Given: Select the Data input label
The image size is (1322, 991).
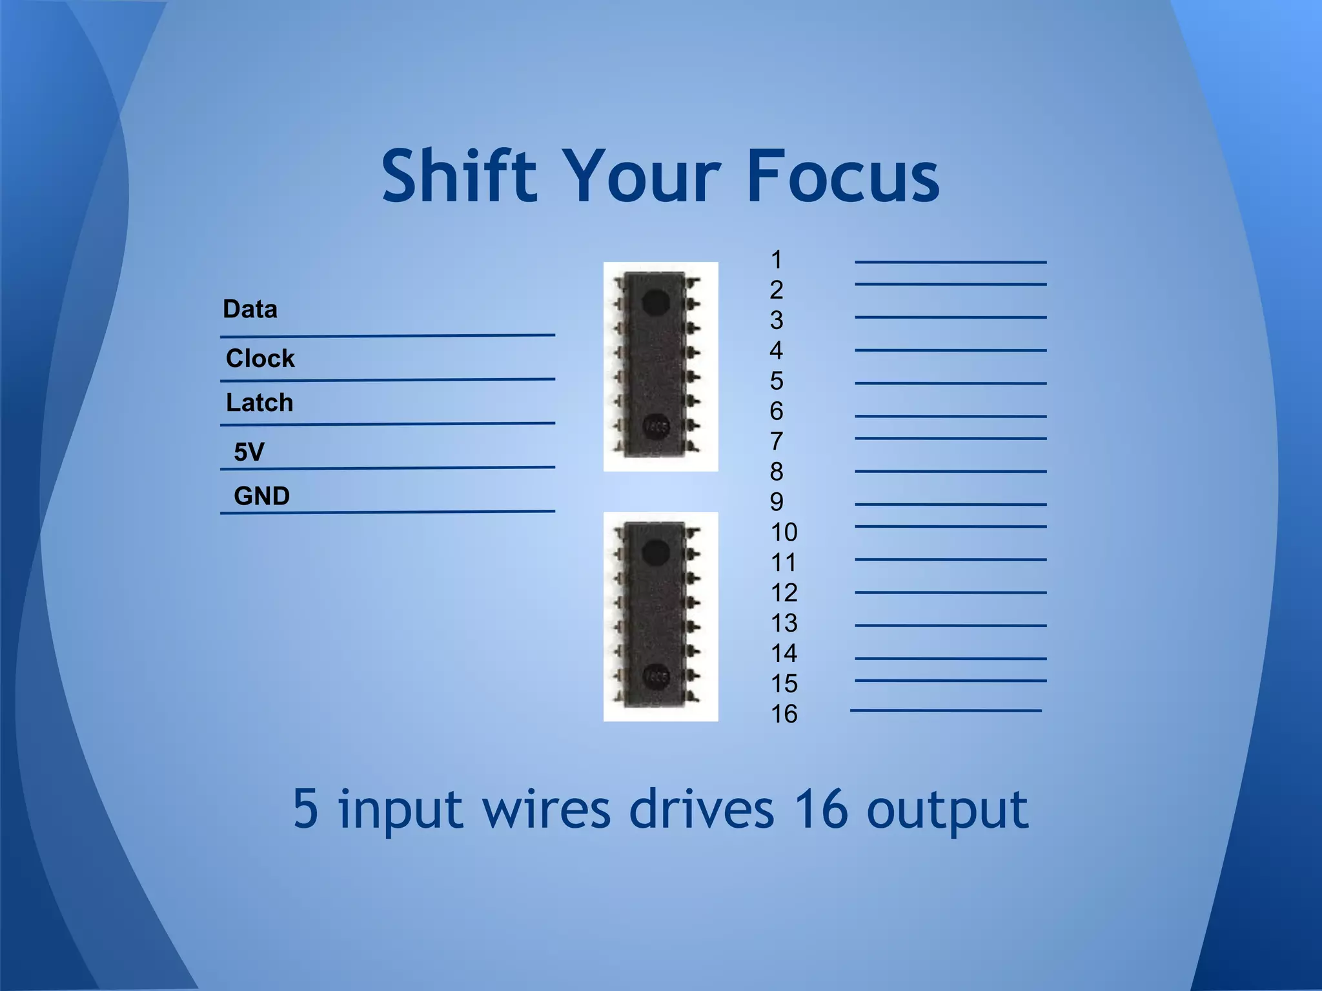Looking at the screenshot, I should [x=250, y=309].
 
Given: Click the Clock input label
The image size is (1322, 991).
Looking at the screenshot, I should [x=260, y=358].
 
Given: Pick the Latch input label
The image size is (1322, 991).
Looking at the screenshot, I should [x=259, y=403].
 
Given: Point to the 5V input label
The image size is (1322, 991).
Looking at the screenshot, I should [x=249, y=452].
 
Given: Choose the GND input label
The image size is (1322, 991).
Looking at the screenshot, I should [x=261, y=496].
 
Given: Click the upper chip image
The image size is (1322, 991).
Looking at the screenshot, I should [x=660, y=366].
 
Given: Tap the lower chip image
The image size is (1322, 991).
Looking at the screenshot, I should [x=660, y=616].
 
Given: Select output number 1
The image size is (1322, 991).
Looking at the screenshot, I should [x=776, y=260].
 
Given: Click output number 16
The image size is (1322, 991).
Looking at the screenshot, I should [x=784, y=714].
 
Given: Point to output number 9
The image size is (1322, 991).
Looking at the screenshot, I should [x=777, y=502].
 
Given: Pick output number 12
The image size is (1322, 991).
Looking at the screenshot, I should [x=784, y=593].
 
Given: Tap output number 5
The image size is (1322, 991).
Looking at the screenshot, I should [x=777, y=381].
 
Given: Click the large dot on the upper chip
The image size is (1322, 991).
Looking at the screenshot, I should [x=656, y=303].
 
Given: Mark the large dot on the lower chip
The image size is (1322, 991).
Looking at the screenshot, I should [x=656, y=553].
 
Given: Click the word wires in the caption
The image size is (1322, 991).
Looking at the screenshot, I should [x=546, y=810].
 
